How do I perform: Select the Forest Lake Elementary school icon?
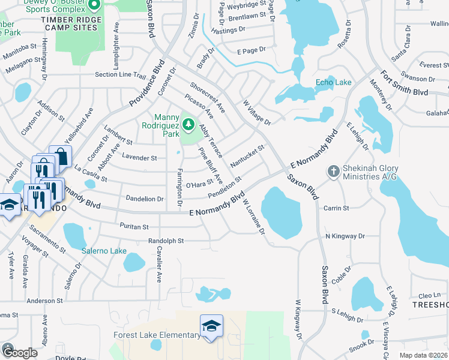tap(211, 326)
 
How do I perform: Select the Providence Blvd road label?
tap(146, 83)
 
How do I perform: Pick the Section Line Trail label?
tap(120, 76)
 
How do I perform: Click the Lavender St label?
tap(139, 158)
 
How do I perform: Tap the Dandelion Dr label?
tap(144, 199)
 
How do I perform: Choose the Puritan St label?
tap(133, 227)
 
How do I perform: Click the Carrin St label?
tap(336, 208)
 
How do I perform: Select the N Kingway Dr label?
tap(345, 236)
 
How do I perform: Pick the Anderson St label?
tap(40, 301)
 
